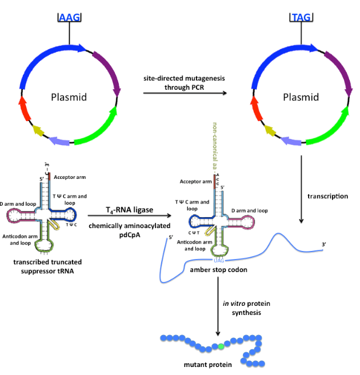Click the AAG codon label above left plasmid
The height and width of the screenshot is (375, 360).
pyautogui.click(x=69, y=17)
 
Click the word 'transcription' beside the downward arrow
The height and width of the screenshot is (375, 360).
pyautogui.click(x=327, y=196)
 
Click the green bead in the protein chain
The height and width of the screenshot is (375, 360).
pyautogui.click(x=221, y=346)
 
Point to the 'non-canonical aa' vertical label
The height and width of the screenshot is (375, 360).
pyautogui.click(x=214, y=149)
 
